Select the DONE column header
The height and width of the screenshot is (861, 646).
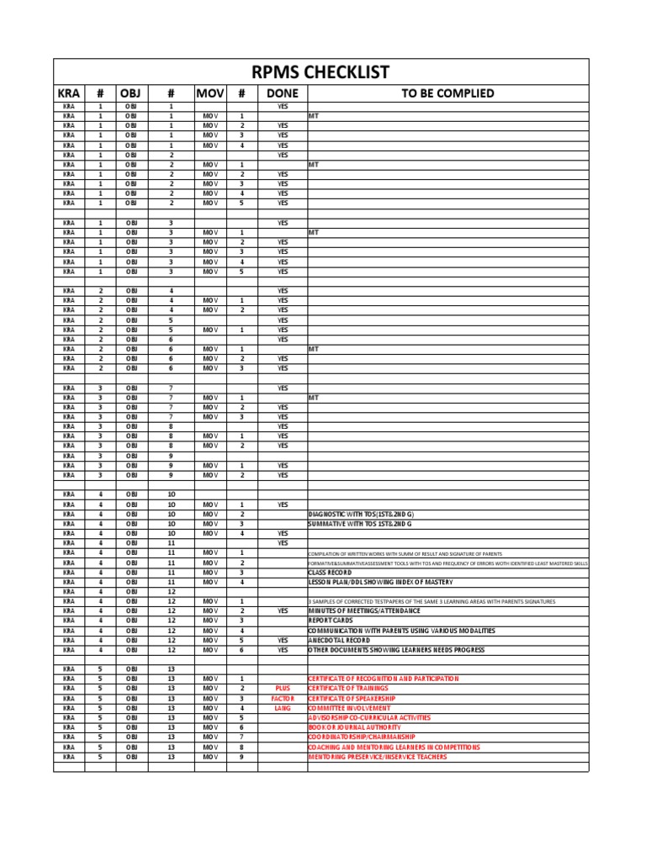[282, 93]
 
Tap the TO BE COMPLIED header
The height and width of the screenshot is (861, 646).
[447, 93]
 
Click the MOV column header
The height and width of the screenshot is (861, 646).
[209, 93]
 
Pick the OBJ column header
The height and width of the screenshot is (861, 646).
[131, 93]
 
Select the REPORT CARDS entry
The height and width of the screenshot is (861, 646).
[331, 621]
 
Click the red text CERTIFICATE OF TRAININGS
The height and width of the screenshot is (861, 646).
[348, 688]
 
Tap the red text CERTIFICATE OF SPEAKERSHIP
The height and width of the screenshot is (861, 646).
[352, 698]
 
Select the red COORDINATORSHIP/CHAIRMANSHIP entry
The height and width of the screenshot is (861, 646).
[362, 737]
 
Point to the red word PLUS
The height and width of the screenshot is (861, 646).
[282, 688]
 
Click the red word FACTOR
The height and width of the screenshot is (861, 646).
[282, 698]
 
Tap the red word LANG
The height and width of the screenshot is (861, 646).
[282, 708]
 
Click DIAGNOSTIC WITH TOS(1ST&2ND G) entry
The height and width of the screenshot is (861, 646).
[362, 514]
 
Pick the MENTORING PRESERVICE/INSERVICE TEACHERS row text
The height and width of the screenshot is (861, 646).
[378, 757]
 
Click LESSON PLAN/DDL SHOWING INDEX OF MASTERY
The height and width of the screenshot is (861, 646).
[380, 582]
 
